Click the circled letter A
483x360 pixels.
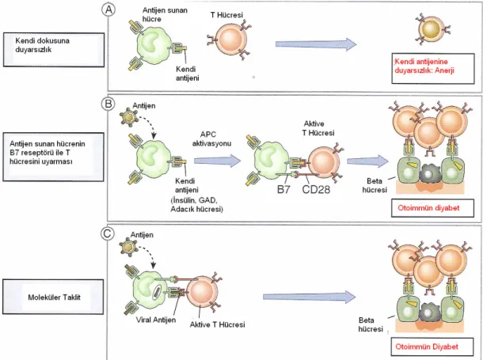point(108,10)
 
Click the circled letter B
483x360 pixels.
point(108,104)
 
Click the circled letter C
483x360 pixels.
point(107,233)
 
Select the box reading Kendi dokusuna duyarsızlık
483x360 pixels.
point(54,50)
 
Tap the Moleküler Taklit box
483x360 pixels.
point(53,297)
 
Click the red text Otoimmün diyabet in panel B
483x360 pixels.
point(428,208)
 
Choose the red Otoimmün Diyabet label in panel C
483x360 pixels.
point(427,347)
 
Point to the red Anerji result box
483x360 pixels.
point(433,68)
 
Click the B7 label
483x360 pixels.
point(283,190)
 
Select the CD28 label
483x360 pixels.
point(316,190)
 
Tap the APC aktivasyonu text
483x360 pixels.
point(211,138)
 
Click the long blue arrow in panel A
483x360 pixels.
point(316,44)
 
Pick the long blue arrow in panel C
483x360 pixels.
point(310,297)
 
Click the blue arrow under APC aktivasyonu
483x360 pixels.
point(217,161)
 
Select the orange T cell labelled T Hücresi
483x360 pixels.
point(230,39)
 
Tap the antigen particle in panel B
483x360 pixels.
point(127,118)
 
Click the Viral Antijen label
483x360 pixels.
point(156,320)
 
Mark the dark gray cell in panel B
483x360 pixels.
point(428,174)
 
